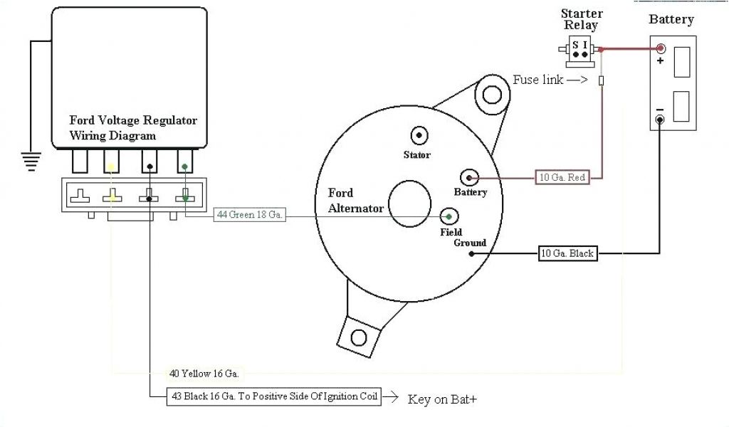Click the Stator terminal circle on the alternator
tap(418, 135)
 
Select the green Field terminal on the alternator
tap(449, 216)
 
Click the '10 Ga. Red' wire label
tap(562, 177)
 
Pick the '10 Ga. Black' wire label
tap(567, 253)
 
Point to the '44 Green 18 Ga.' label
tap(250, 215)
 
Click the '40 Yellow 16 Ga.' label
tap(204, 373)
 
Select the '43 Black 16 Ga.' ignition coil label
tap(274, 396)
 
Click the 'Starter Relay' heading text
tap(581, 19)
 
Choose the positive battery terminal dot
tap(661, 49)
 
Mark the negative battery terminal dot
tap(661, 119)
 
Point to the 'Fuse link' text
tap(539, 80)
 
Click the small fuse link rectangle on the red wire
tap(602, 82)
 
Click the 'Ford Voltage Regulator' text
tap(133, 120)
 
